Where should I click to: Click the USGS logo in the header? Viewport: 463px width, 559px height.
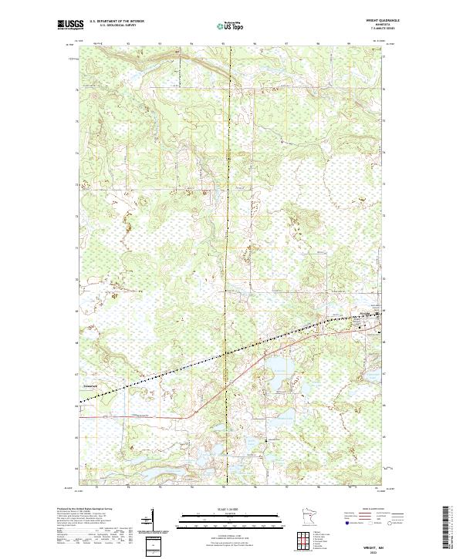point(70,25)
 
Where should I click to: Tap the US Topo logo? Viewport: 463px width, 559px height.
point(231,26)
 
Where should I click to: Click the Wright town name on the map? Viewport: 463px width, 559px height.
point(369,315)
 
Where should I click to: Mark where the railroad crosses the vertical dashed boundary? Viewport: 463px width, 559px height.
point(226,354)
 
